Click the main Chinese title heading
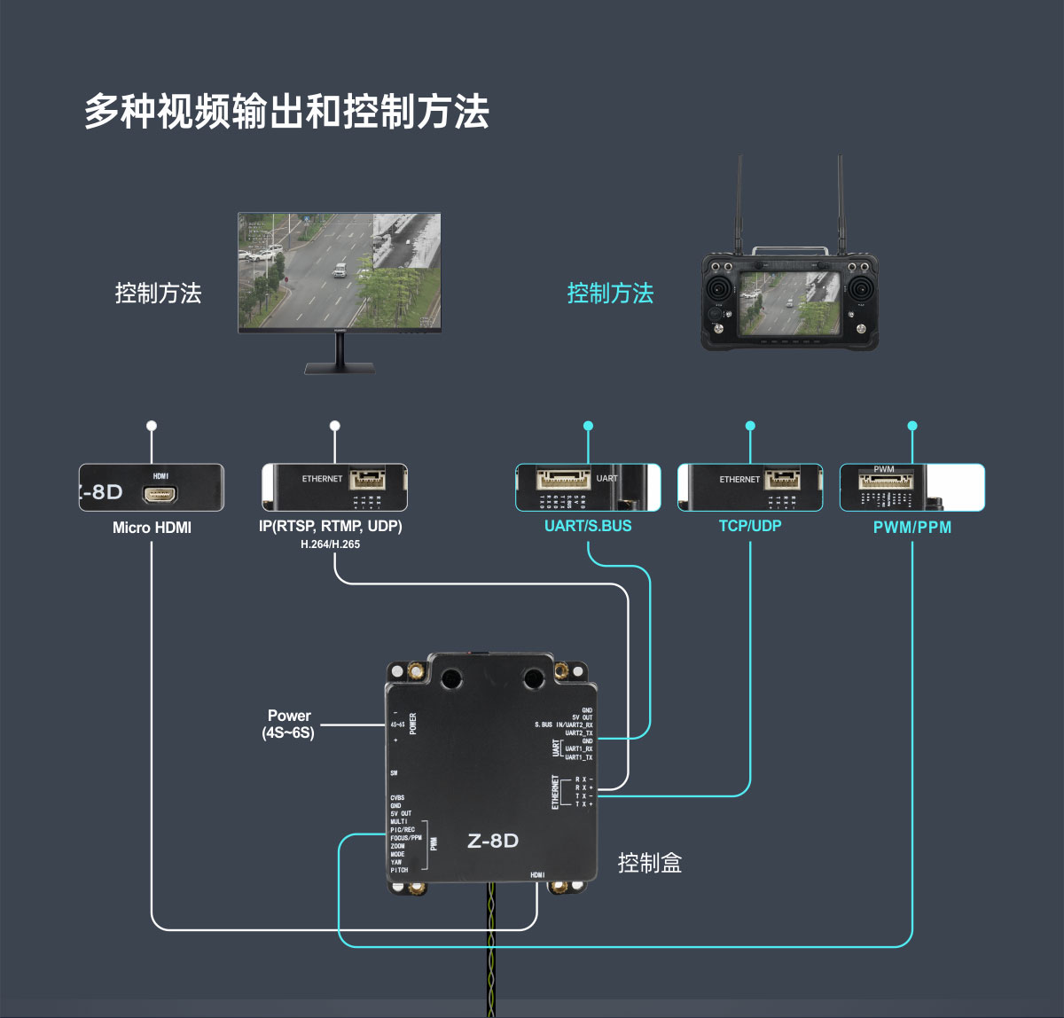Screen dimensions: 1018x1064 [286, 113]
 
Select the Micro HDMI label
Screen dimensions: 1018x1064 [152, 528]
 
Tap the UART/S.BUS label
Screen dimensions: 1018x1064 [588, 526]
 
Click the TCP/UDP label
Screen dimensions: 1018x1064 [750, 526]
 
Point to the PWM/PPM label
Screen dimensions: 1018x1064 [911, 528]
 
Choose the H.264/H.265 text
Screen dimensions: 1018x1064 [330, 544]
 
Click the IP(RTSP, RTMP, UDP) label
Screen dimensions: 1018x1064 [330, 526]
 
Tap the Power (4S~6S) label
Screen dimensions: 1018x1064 [289, 724]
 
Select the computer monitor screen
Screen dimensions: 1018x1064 [340, 271]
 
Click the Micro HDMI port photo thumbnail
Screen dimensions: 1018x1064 [152, 488]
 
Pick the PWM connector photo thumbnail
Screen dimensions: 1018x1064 [911, 488]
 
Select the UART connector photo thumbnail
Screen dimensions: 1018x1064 [588, 488]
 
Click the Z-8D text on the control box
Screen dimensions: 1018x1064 [492, 841]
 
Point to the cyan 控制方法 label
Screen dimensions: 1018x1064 [610, 294]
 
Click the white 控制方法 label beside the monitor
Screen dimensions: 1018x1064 [158, 294]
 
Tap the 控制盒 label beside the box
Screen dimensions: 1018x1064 [650, 863]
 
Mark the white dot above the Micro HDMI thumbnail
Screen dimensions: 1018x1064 [152, 426]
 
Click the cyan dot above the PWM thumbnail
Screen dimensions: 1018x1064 [912, 426]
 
